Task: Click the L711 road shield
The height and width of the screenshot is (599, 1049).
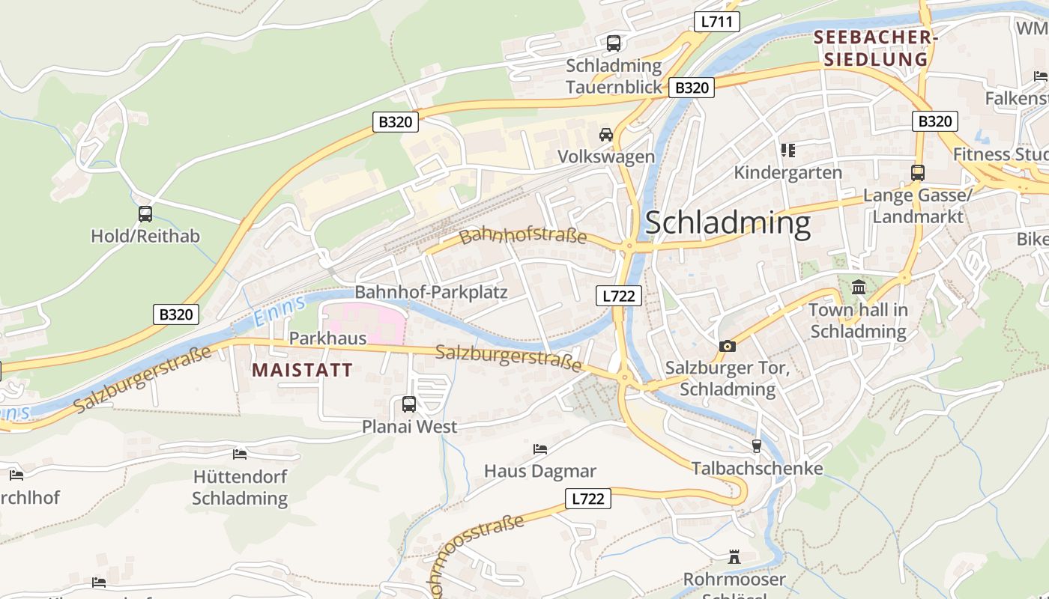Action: pyautogui.click(x=716, y=22)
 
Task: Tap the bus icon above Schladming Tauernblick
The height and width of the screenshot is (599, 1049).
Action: pyautogui.click(x=614, y=43)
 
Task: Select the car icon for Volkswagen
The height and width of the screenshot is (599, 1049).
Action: pyautogui.click(x=606, y=135)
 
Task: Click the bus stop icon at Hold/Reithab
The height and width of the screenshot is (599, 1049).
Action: pyautogui.click(x=145, y=214)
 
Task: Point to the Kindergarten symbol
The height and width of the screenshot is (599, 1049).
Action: pyautogui.click(x=787, y=150)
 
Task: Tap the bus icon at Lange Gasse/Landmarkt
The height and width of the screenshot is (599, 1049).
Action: pyautogui.click(x=917, y=173)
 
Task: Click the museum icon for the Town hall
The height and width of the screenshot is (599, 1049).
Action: pyautogui.click(x=859, y=288)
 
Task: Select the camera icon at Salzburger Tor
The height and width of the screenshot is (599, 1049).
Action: pyautogui.click(x=727, y=346)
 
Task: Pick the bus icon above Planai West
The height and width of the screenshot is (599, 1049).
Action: pyautogui.click(x=409, y=404)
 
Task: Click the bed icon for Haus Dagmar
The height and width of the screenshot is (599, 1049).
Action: pyautogui.click(x=540, y=449)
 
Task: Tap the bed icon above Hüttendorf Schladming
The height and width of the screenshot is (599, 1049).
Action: pyautogui.click(x=240, y=454)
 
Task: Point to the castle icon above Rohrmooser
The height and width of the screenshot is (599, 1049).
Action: pyautogui.click(x=734, y=557)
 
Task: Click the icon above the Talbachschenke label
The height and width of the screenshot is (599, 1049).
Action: pyautogui.click(x=757, y=446)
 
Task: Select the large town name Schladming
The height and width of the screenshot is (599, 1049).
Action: pyautogui.click(x=728, y=223)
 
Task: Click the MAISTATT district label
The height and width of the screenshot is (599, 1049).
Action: pyautogui.click(x=302, y=370)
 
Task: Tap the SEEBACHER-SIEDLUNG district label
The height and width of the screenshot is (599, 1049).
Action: pyautogui.click(x=874, y=48)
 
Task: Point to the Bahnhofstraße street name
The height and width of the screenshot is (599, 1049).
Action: pyautogui.click(x=523, y=236)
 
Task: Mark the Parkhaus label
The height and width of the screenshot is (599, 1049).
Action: pyautogui.click(x=327, y=338)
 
